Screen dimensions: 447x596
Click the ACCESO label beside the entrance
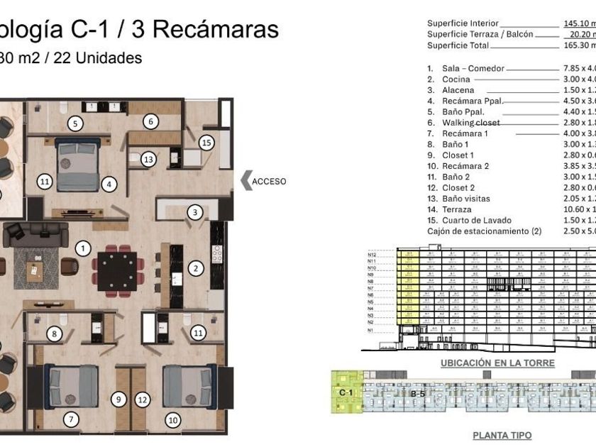point(270,181)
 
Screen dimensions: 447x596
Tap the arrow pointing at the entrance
point(246,181)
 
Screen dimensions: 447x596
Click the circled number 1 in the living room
point(84,248)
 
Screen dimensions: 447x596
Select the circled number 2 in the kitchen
point(196,268)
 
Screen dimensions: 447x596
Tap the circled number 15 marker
point(206,142)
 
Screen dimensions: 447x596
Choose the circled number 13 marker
point(148,160)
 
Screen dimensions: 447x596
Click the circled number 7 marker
point(70,419)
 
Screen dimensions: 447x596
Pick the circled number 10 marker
point(172,420)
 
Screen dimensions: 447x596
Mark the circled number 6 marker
point(150,121)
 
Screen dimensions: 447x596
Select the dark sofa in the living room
point(35,233)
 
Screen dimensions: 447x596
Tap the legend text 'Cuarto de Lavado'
point(470,220)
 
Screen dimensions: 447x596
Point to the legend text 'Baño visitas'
point(465,199)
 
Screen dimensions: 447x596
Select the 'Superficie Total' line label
point(458,45)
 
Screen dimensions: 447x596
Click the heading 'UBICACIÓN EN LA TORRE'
point(497,363)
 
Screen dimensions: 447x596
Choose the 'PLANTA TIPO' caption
point(502,435)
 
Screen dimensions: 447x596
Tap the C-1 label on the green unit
point(346,392)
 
